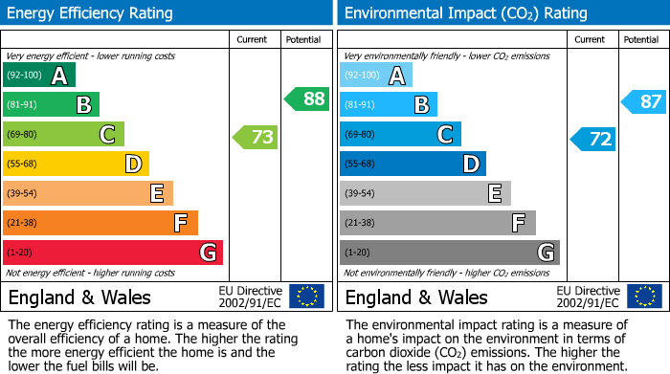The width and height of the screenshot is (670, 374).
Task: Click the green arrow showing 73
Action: [256, 137]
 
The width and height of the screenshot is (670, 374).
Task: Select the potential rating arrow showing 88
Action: [306, 99]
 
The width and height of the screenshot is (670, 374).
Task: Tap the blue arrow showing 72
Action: [593, 139]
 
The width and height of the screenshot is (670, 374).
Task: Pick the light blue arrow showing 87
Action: [644, 101]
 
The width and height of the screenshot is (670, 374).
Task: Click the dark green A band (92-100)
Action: [38, 76]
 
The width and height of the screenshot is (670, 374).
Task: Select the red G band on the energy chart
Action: [112, 253]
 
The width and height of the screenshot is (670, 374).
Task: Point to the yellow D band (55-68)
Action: [76, 165]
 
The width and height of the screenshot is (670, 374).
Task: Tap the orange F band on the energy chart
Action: [100, 223]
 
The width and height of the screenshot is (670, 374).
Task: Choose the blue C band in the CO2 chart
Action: [399, 135]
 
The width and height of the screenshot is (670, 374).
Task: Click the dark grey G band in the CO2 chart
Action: [449, 253]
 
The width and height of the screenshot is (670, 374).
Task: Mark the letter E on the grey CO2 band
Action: [494, 194]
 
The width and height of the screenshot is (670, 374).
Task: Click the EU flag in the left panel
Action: [306, 297]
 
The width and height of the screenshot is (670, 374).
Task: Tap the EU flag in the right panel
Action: [645, 297]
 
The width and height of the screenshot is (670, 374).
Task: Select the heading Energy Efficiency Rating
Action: [91, 13]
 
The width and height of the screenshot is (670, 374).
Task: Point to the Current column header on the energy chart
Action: [252, 39]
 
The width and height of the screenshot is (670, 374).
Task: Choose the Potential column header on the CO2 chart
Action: [640, 39]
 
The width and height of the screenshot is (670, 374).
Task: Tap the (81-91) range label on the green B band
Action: [24, 105]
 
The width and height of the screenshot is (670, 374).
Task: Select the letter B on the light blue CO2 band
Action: [421, 105]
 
